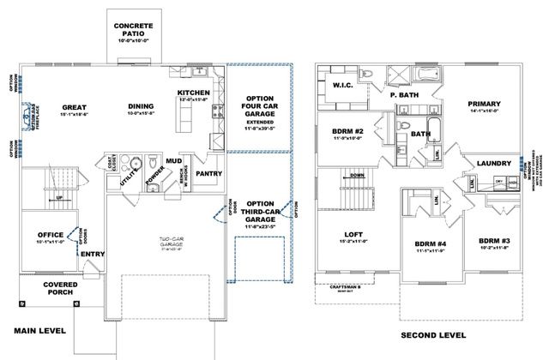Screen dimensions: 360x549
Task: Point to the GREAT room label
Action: pyautogui.click(x=75, y=108)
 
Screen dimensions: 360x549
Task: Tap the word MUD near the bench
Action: pyautogui.click(x=173, y=160)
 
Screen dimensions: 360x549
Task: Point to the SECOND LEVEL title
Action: pyautogui.click(x=433, y=334)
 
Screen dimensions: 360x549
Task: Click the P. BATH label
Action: pyautogui.click(x=403, y=97)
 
